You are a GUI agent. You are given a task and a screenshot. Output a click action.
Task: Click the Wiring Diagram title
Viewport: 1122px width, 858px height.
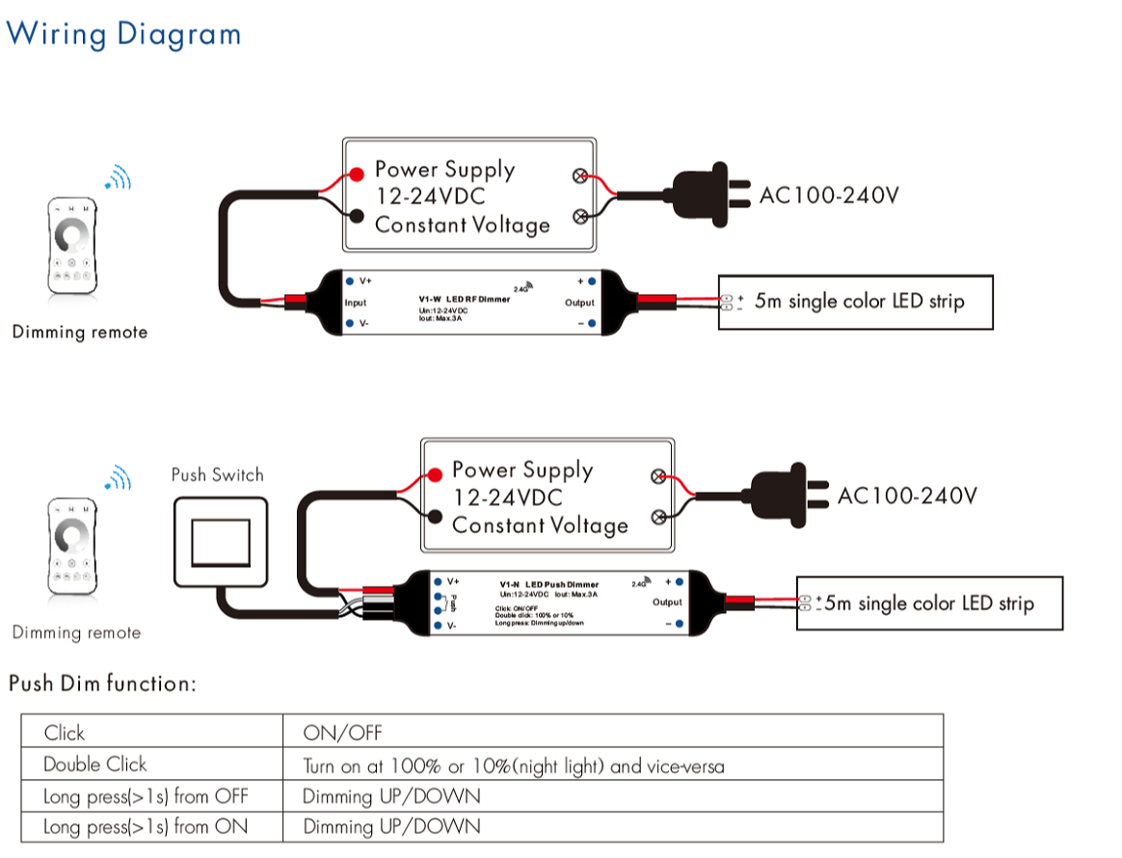[x=123, y=34]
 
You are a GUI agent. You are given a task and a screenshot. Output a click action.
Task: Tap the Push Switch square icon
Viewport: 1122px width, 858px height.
[x=219, y=542]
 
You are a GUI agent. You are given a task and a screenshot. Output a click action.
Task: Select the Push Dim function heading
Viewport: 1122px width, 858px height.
[x=102, y=684]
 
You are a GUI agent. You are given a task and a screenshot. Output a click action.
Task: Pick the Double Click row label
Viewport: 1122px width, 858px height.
[x=95, y=764]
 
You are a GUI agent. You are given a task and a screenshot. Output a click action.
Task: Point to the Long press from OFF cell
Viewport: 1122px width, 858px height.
[x=146, y=796]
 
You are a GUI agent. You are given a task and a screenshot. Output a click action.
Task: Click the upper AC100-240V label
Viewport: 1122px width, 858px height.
[x=829, y=196]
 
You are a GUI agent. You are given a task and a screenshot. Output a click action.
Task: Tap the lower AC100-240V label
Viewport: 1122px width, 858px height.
[x=907, y=496]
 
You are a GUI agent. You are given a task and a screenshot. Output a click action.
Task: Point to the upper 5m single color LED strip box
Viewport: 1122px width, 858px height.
[x=856, y=302]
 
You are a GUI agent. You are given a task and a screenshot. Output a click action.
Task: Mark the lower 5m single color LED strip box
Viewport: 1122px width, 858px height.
[x=930, y=603]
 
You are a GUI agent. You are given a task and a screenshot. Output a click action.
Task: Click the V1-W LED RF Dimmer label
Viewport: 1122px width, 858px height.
[x=457, y=299]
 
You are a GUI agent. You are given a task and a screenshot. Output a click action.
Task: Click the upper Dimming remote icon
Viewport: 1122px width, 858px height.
[x=72, y=246]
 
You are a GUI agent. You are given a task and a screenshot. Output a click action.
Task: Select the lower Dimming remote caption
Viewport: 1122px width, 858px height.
[x=76, y=633]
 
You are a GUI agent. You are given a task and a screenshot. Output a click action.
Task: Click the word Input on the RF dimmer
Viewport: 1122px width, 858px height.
[x=356, y=303]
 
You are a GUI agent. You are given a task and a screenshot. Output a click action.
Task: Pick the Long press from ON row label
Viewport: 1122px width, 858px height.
[x=146, y=827]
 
